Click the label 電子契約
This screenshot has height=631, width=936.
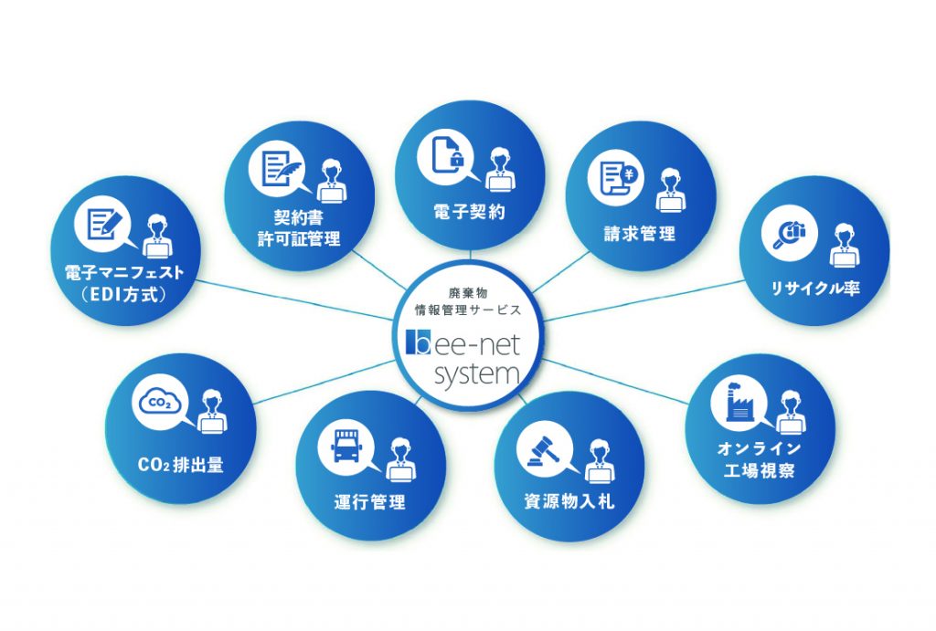click(469, 212)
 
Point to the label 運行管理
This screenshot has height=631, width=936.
click(369, 501)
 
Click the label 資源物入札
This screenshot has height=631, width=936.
click(569, 501)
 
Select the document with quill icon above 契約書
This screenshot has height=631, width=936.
click(277, 169)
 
